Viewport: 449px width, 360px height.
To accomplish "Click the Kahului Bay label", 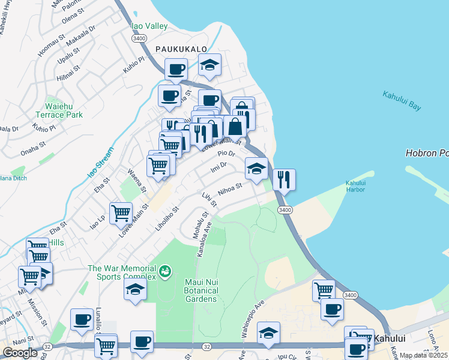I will click(x=401, y=100).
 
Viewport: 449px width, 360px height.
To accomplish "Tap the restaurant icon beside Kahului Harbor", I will click(x=284, y=179).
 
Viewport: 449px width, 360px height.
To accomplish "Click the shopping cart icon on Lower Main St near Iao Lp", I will click(x=121, y=212).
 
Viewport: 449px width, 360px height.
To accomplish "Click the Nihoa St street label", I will click(x=230, y=190).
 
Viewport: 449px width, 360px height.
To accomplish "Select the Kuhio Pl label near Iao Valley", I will click(x=135, y=63).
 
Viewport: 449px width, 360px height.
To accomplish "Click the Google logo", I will click(x=20, y=353).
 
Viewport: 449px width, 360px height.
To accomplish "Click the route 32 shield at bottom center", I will click(x=206, y=347).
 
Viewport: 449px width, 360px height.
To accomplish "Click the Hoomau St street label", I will click(x=50, y=47).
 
